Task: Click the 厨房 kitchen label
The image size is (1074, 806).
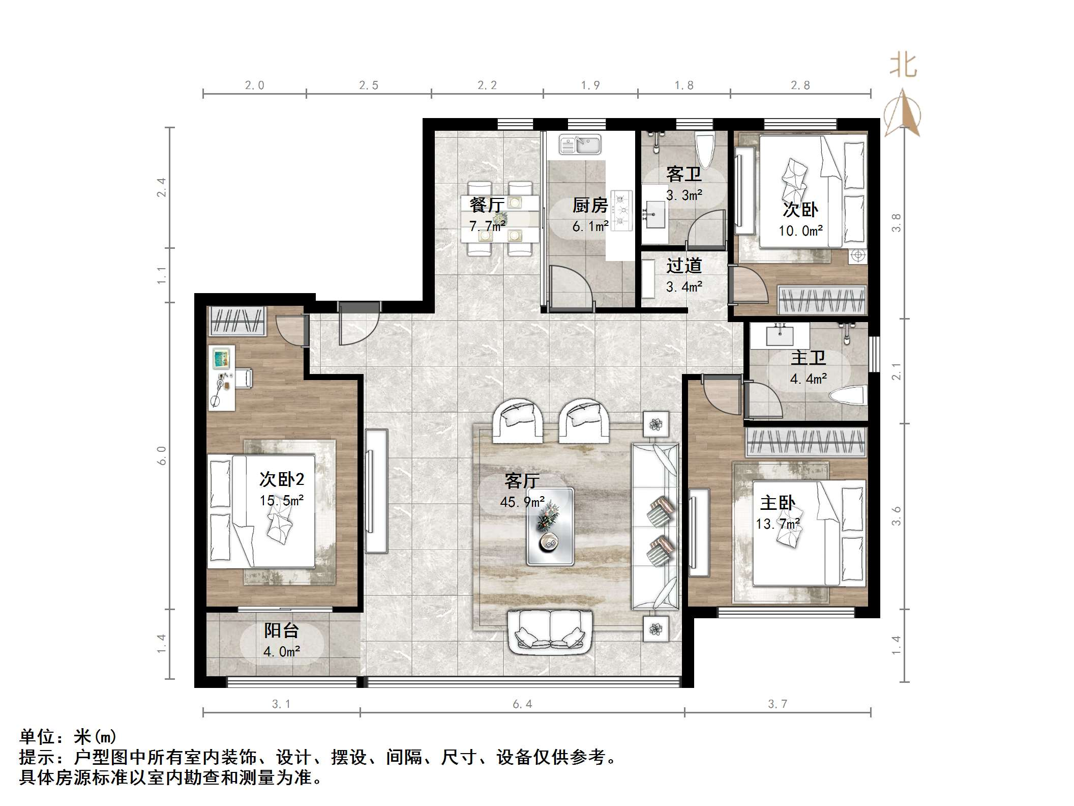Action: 590,206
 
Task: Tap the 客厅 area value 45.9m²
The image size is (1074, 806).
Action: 522,502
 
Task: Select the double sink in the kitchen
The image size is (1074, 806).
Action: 580,144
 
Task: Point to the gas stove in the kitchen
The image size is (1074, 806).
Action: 621,210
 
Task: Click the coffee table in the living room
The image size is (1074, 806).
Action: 550,527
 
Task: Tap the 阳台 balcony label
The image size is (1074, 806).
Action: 281,630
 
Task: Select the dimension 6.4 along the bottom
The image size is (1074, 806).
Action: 522,704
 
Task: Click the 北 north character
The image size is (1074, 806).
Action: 903,66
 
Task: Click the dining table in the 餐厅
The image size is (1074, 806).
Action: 500,219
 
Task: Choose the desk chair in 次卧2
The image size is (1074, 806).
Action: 243,378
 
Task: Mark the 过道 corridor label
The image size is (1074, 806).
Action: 684,266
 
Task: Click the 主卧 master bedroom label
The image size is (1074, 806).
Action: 778,503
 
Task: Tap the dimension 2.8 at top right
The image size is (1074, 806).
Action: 800,85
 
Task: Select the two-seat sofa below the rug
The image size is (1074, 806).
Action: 551,632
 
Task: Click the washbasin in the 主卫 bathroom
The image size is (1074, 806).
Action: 780,335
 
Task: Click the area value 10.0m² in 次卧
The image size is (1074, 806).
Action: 800,231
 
